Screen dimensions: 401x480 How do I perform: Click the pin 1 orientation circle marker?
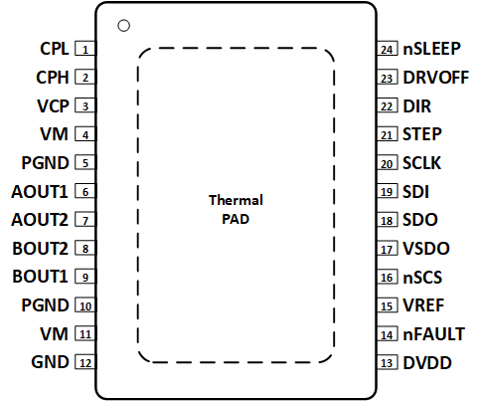(123, 25)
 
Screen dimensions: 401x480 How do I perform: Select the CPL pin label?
(54, 48)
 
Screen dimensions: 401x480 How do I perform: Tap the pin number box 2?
(86, 77)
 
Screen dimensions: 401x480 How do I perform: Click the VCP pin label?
(54, 105)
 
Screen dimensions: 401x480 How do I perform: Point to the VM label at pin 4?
(56, 134)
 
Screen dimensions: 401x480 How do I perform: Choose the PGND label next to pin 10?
(45, 305)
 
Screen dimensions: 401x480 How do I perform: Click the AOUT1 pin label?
(40, 191)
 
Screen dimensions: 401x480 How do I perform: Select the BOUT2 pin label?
(40, 249)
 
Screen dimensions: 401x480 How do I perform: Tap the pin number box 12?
(86, 363)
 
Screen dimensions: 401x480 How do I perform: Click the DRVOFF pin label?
(435, 77)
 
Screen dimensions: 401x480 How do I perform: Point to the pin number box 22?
(388, 105)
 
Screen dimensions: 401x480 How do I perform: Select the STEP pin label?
(422, 134)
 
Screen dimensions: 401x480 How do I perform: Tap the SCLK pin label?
(422, 162)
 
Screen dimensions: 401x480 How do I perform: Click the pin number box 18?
(388, 220)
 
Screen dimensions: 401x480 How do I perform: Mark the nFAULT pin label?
(433, 334)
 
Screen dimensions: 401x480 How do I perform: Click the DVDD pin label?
(425, 363)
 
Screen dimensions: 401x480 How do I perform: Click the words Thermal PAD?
(236, 209)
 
